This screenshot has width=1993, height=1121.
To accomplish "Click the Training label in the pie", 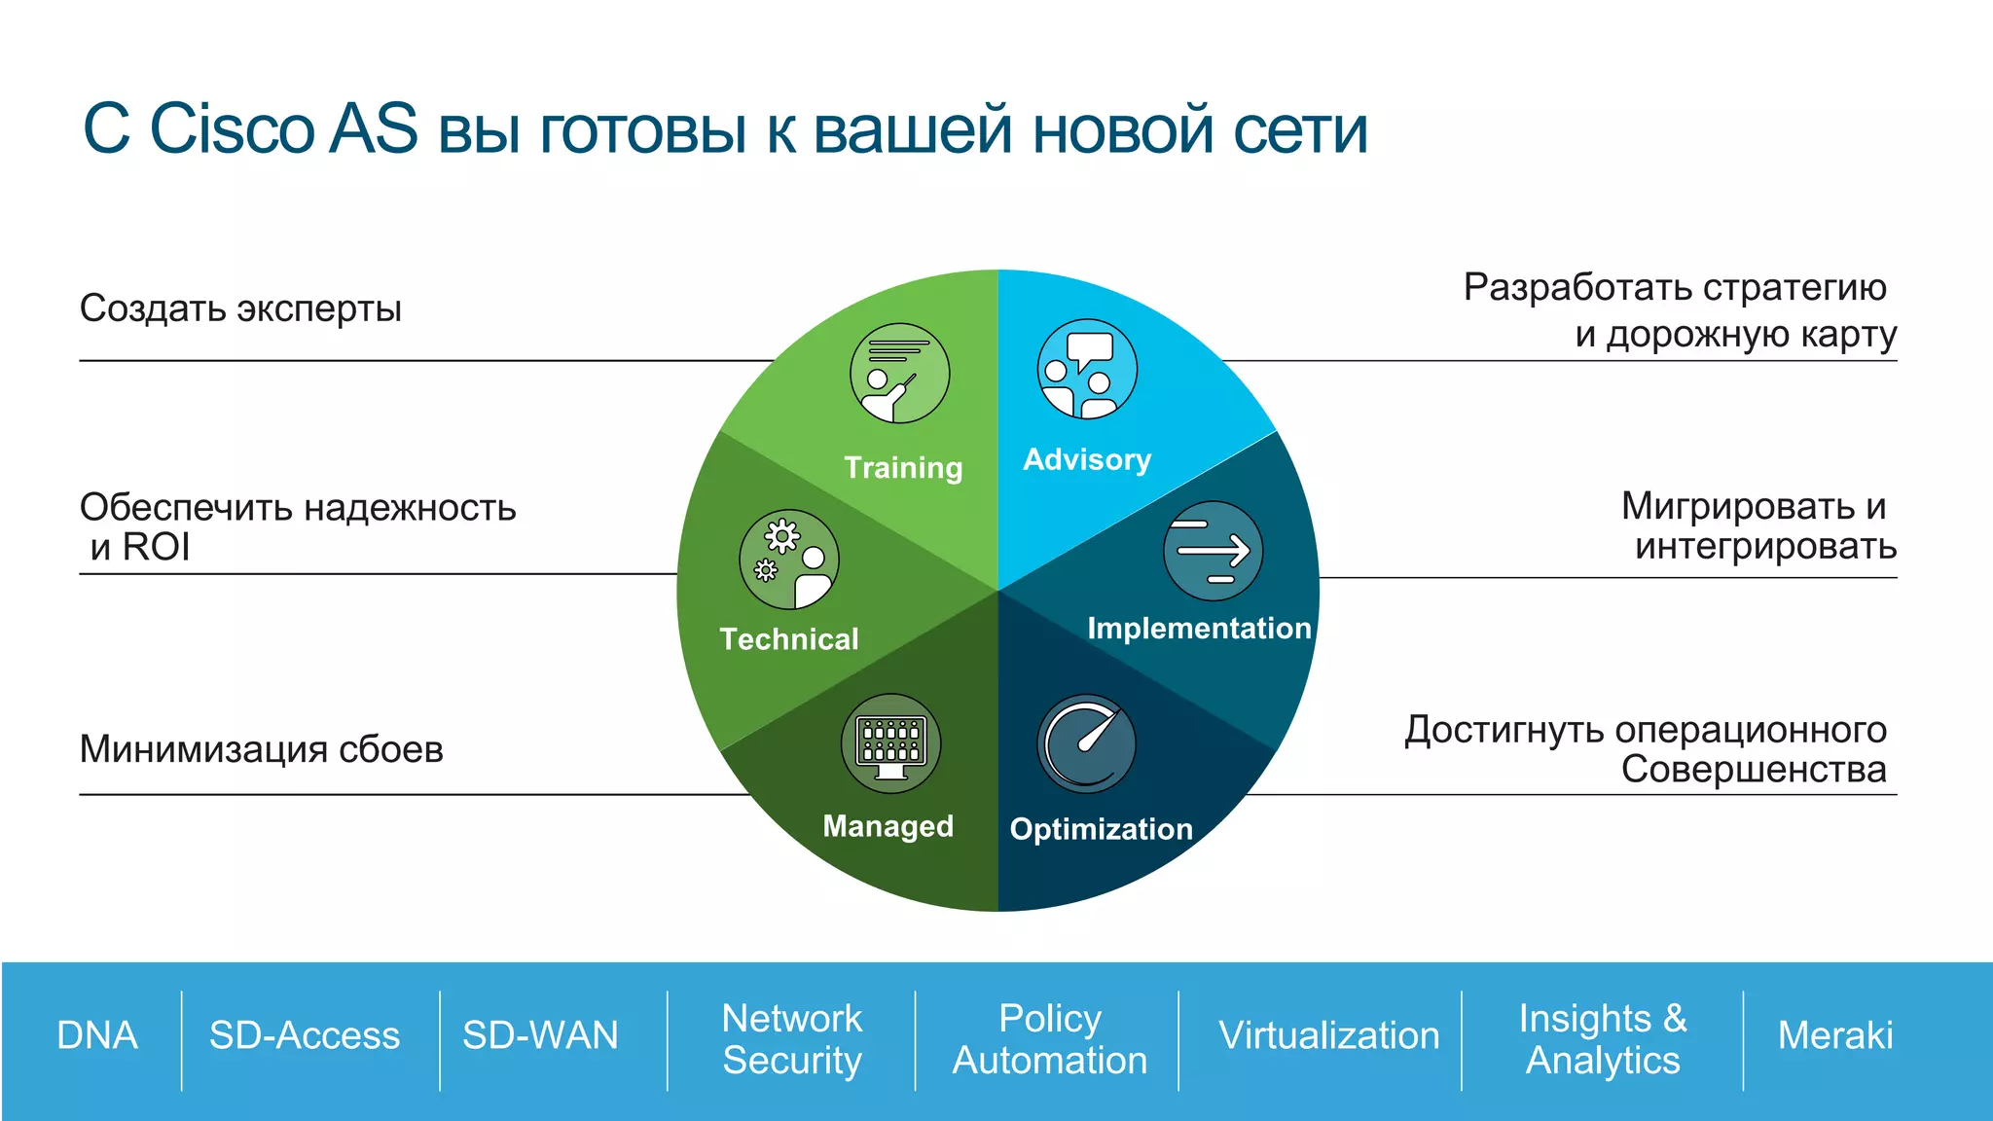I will [903, 468].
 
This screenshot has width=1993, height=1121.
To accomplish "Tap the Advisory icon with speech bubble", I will [1087, 369].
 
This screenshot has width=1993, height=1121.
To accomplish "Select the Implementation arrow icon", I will [1213, 551].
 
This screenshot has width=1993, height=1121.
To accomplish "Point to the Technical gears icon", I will [788, 560].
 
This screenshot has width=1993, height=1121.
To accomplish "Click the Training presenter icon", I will [899, 374].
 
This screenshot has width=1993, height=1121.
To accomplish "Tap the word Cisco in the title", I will [232, 128].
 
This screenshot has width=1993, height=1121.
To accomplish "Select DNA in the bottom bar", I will [96, 1035].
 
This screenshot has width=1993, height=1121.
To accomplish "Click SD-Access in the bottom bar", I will [305, 1035].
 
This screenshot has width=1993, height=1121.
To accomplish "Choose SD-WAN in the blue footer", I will [540, 1035].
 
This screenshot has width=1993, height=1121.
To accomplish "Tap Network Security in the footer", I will [792, 1038].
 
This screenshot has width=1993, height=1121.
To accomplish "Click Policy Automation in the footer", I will [1049, 1038].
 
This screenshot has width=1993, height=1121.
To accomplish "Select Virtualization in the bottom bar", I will [1328, 1035].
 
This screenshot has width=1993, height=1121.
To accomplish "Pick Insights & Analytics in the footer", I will [1603, 1038].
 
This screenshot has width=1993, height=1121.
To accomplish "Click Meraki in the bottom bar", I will [1835, 1035].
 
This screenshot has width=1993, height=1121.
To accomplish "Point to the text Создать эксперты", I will [240, 308].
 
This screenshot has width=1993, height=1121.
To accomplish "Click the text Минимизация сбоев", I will [261, 749].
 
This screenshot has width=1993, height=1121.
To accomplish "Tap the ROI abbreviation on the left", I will [156, 547].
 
